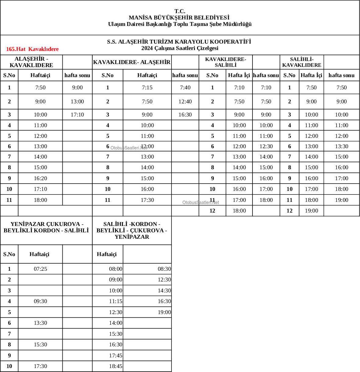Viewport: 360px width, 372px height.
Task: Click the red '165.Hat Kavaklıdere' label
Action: [x=32, y=49]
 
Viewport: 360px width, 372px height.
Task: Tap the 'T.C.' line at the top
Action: [x=180, y=11]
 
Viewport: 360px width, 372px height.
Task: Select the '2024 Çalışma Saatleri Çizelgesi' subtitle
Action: [x=180, y=48]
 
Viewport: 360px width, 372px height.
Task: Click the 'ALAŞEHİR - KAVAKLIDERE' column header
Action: [x=31, y=62]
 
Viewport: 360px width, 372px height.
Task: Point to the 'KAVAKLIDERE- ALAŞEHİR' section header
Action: [x=132, y=62]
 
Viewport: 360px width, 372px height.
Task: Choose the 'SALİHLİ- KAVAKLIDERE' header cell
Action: [x=302, y=62]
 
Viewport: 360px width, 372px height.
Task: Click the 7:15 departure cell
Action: [x=147, y=88]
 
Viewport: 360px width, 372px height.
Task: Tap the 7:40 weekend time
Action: [x=185, y=88]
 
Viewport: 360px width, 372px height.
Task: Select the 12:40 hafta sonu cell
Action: [x=185, y=102]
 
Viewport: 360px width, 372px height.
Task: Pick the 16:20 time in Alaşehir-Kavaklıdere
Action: [x=41, y=178]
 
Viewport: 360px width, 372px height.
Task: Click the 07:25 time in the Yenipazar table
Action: [x=41, y=269]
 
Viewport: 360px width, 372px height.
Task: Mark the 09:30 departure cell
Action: [x=41, y=301]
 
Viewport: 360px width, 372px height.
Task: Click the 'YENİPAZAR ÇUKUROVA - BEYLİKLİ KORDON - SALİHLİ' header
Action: [x=46, y=227]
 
